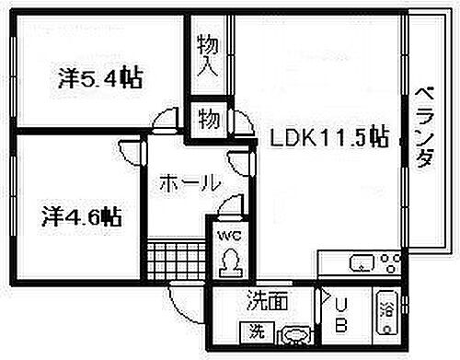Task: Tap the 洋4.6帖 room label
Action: tap(82, 217)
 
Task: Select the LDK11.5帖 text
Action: tap(328, 139)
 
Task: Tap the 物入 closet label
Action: tap(207, 58)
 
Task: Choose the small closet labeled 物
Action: tap(209, 119)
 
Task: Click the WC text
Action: tap(227, 236)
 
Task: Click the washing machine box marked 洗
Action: tap(251, 331)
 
